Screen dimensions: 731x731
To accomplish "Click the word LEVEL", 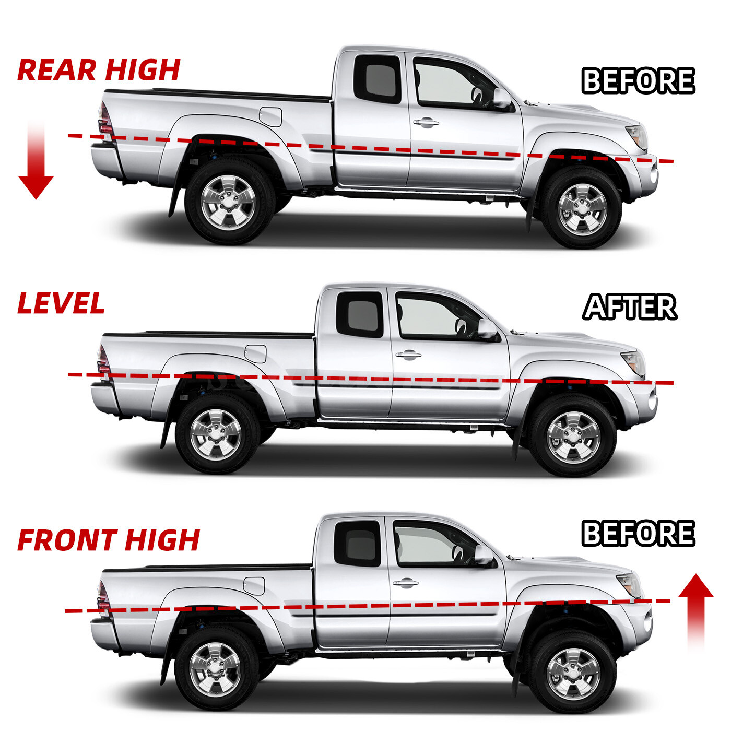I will click(x=61, y=303).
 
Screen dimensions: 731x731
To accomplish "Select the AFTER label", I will click(x=630, y=307).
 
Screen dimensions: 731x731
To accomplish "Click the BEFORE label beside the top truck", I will click(x=638, y=80).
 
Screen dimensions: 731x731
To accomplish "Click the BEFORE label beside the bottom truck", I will click(x=638, y=533).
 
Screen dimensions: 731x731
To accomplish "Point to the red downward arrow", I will click(x=36, y=162).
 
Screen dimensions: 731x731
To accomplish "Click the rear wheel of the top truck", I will click(x=228, y=203).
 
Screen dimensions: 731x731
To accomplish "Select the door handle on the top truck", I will click(x=426, y=123).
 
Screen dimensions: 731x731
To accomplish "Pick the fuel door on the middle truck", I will click(x=255, y=354).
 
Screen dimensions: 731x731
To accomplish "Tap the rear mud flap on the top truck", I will click(x=174, y=201).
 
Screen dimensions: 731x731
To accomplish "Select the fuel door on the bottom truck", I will click(x=254, y=586).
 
